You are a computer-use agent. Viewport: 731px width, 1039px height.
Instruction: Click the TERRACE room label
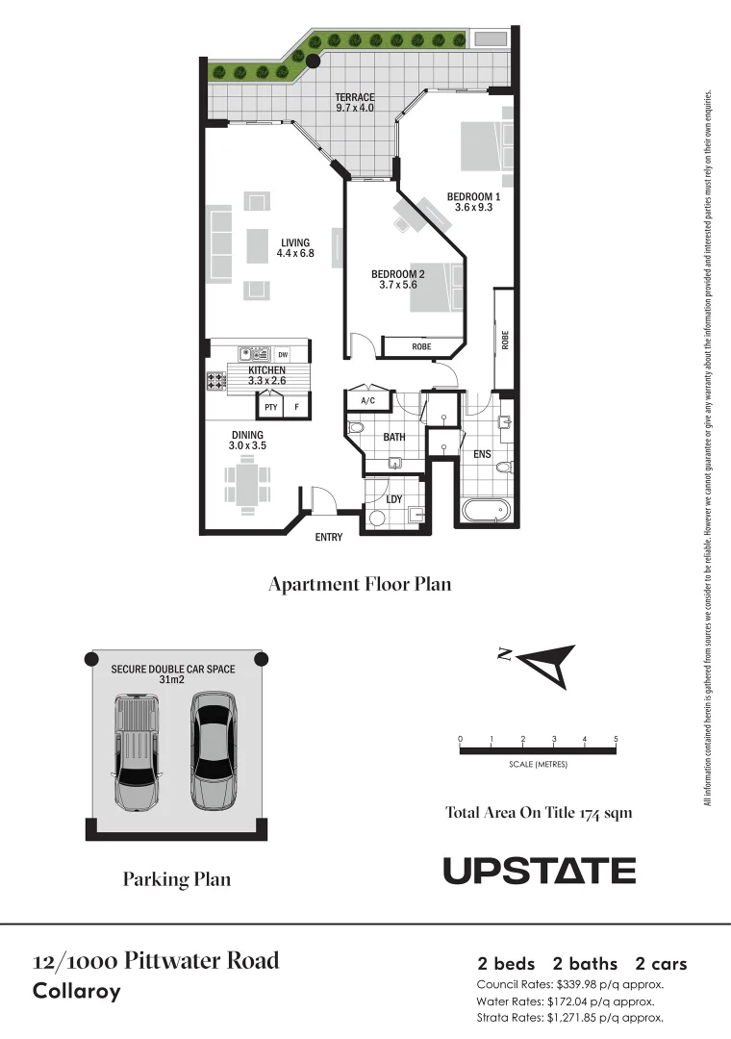coord(355,97)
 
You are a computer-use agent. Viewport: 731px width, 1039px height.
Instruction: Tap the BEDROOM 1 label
coord(474,196)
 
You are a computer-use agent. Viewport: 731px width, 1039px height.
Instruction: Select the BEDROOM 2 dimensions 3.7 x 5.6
coord(398,285)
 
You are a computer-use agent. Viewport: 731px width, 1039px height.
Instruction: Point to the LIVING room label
coord(295,242)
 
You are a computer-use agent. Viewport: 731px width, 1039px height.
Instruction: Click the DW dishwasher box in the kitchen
coord(283,354)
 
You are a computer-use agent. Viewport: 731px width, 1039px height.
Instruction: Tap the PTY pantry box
coord(271,407)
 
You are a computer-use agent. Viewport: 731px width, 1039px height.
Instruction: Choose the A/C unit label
coord(366,400)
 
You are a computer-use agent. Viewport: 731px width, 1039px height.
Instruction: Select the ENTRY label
coord(329,537)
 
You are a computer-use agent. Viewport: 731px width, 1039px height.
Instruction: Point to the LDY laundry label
coord(393,499)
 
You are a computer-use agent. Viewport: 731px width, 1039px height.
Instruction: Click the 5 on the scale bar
coord(616,739)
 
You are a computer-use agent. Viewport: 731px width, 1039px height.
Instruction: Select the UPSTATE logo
coord(539,871)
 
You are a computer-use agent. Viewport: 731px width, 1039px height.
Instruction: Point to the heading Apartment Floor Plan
coord(359,584)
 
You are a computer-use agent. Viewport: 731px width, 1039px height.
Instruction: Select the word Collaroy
coord(77,991)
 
